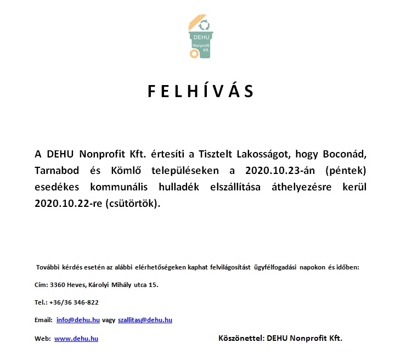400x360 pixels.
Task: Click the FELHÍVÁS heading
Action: coord(200,92)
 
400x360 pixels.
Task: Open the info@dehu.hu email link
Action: coord(78,319)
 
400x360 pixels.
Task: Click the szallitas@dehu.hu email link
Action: coord(145,319)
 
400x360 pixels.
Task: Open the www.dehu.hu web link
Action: coord(76,339)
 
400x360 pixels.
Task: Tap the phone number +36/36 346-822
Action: coord(74,302)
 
